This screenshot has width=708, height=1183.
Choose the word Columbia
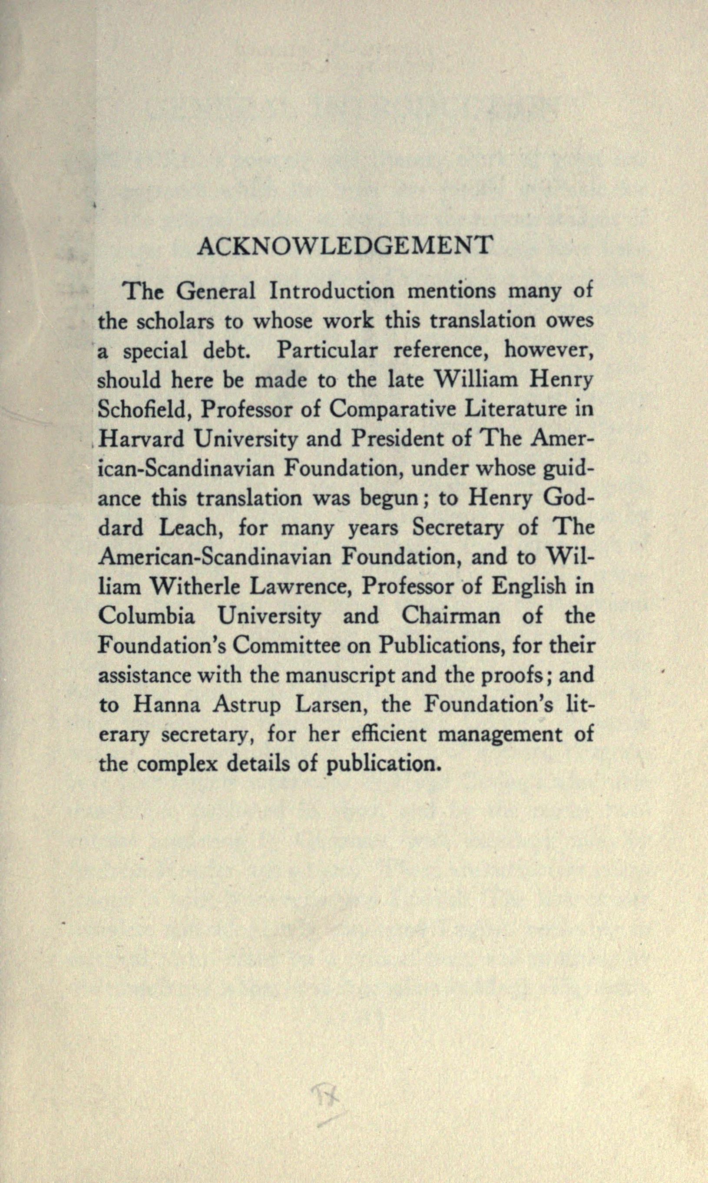point(146,617)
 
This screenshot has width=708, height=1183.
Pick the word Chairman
point(451,617)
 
